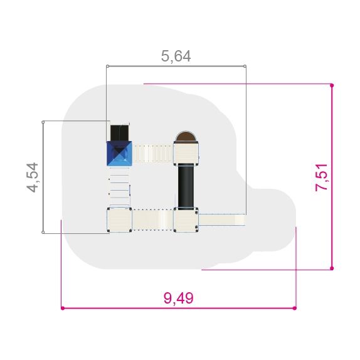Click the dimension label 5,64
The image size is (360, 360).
click(176, 56)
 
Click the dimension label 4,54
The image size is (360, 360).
click(33, 177)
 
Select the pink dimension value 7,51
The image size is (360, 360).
click(321, 177)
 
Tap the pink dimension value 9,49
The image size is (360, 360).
click(178, 298)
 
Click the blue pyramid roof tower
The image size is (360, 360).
click(119, 154)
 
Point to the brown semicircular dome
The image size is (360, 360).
click(186, 137)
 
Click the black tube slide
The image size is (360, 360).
click(186, 186)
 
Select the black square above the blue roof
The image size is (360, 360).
click(119, 133)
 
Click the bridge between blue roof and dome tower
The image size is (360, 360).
click(153, 154)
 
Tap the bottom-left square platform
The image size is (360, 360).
click(119, 220)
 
